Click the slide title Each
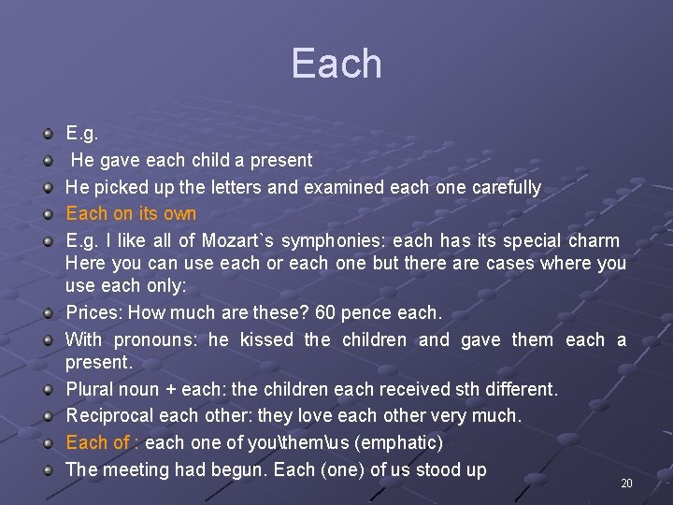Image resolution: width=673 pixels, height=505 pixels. (x=336, y=64)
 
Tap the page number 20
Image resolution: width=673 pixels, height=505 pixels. (x=626, y=483)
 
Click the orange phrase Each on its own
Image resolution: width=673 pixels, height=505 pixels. (x=131, y=214)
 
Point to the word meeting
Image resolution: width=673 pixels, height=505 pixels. (x=135, y=469)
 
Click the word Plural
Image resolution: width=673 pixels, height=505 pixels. (x=92, y=387)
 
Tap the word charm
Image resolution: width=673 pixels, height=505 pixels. (x=593, y=241)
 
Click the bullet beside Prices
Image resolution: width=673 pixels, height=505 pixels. (x=48, y=312)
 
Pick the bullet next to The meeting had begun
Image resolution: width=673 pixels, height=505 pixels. (x=48, y=469)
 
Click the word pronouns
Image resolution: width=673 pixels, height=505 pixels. (x=167, y=339)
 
